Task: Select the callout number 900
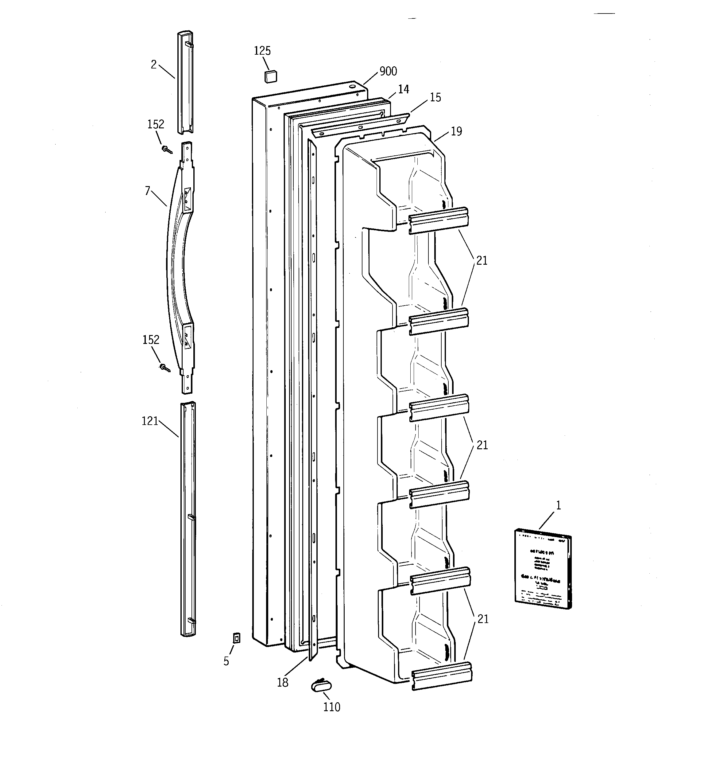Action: [x=388, y=72]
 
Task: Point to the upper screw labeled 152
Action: [x=167, y=150]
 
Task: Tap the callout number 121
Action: [x=150, y=421]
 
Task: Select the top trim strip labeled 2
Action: [x=184, y=82]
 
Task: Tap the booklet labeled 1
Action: [x=543, y=568]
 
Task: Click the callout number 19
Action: [x=456, y=131]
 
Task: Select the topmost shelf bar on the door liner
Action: [x=439, y=220]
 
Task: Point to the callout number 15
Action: [x=435, y=97]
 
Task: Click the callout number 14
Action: [x=403, y=89]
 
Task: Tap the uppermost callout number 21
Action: [x=482, y=261]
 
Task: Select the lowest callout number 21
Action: [x=483, y=619]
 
